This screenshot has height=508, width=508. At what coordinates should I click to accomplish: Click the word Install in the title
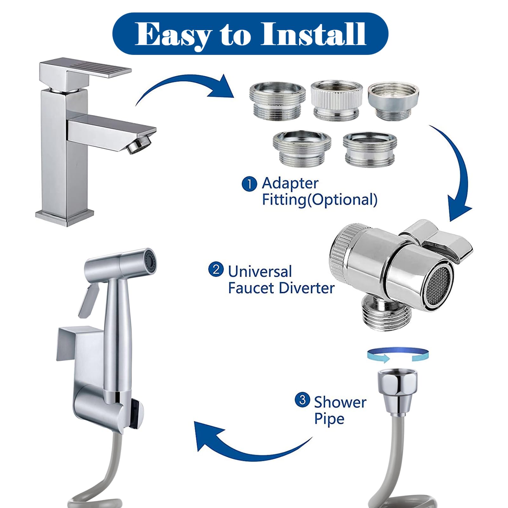point(314,34)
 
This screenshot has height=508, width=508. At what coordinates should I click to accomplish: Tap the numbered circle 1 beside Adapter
point(249,184)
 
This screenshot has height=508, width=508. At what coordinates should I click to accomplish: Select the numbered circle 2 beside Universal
point(216,270)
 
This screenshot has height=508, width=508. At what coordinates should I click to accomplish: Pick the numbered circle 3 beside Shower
point(302,400)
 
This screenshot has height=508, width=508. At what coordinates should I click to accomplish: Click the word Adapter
point(290,184)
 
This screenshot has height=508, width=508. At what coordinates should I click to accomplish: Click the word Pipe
point(329,419)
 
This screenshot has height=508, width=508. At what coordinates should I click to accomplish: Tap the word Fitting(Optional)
point(319,200)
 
